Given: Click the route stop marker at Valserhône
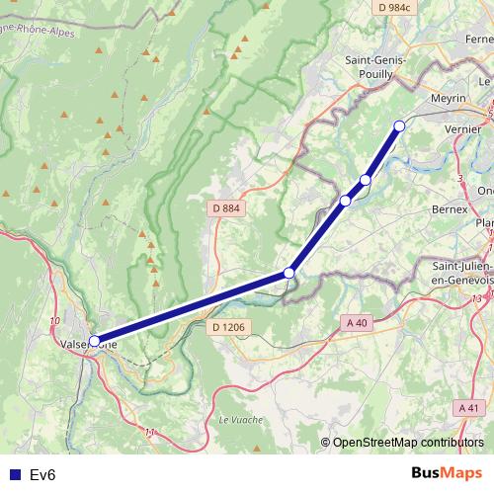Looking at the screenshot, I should (x=95, y=341).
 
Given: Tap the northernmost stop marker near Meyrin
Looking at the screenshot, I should (x=399, y=125).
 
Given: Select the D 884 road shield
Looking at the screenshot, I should (x=226, y=208).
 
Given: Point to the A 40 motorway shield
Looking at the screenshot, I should (x=357, y=322).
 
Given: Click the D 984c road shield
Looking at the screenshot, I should (x=392, y=7).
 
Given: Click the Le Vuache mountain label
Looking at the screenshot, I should (x=237, y=418).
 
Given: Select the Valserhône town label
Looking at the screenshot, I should (x=84, y=344).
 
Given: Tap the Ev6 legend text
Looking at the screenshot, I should (x=42, y=475).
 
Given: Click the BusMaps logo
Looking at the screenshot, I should (x=446, y=473).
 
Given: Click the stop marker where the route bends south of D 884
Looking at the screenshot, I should (x=289, y=273).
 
